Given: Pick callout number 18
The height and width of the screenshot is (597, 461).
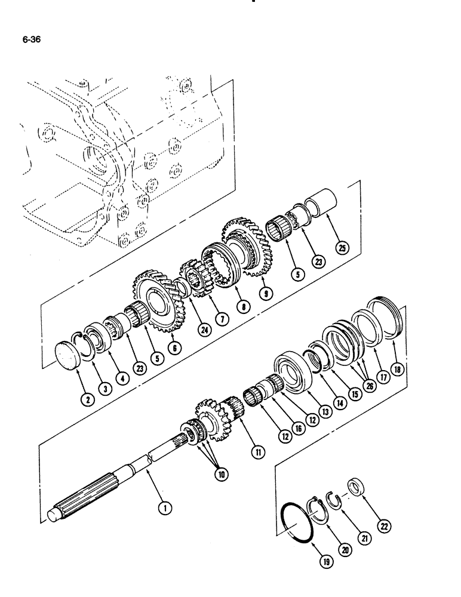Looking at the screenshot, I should point(398,370).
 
